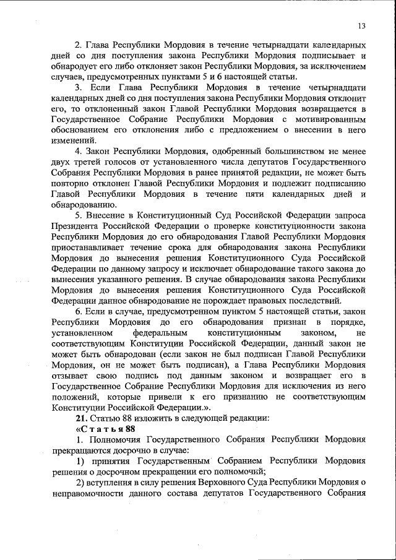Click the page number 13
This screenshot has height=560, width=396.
click(362, 25)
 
